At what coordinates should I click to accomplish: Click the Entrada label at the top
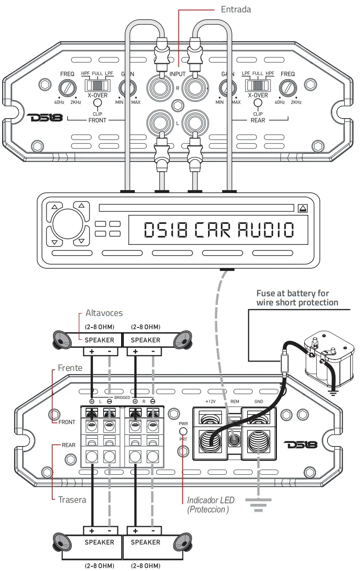[236, 9]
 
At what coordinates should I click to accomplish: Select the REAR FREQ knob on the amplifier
[288, 89]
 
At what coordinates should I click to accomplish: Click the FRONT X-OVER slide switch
[96, 84]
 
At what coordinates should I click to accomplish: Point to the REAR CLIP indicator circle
[258, 103]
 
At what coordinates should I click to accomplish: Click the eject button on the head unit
[303, 208]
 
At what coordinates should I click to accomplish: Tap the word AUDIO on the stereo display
[266, 230]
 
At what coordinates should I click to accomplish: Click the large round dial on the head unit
[67, 224]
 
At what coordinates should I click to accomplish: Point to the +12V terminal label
[210, 401]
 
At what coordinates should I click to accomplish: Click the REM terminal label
[235, 401]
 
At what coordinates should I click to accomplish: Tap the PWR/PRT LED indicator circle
[183, 431]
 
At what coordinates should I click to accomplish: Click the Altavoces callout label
[104, 313]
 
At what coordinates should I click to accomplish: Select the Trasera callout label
[72, 500]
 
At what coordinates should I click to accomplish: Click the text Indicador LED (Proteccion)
[210, 505]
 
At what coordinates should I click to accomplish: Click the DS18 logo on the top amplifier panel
[45, 117]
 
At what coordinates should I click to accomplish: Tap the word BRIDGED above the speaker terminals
[122, 398]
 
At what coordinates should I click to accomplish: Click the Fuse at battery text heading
[297, 298]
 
